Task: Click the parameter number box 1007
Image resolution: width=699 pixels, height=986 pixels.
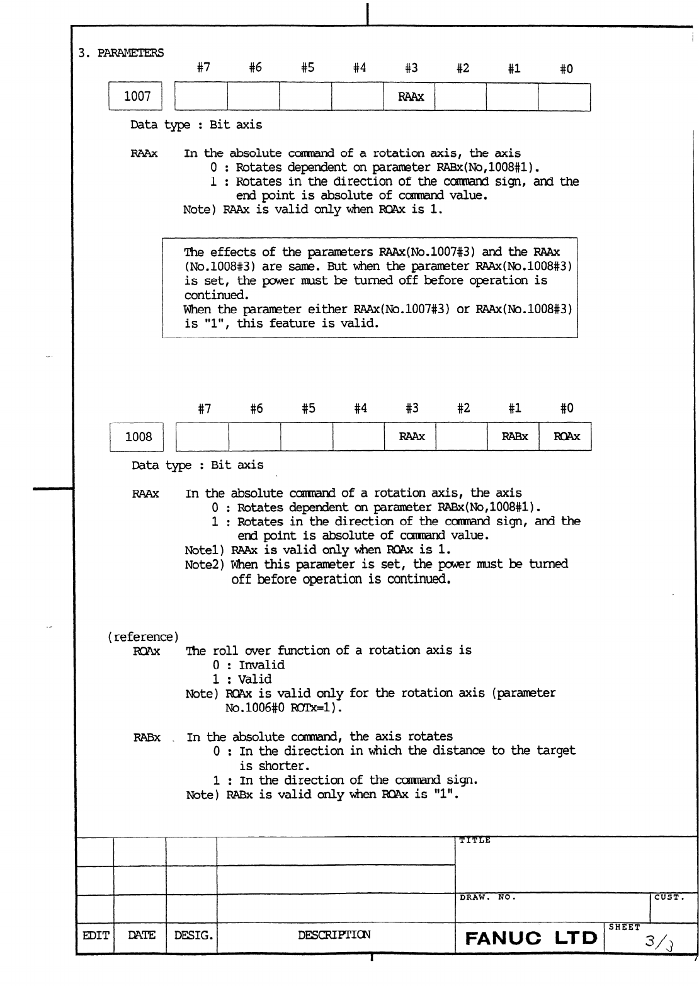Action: point(137,97)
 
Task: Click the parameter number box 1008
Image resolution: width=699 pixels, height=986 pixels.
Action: point(139,437)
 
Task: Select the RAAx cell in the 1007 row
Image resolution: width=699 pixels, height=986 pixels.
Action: point(411,98)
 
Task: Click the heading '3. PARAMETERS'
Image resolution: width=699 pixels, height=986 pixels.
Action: point(120,53)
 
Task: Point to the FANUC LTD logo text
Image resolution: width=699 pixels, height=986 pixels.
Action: point(531,938)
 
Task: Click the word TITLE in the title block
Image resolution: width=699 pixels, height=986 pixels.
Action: point(475,841)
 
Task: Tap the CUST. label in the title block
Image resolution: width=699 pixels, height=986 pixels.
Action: point(669,897)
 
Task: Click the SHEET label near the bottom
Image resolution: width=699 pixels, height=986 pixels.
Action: point(624,927)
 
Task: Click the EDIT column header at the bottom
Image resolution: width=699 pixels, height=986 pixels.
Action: point(94,935)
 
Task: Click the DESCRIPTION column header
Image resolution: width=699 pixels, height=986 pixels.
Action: point(334,935)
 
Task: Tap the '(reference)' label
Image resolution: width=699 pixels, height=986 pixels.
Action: point(140,637)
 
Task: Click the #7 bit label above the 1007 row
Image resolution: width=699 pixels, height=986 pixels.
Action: point(203,69)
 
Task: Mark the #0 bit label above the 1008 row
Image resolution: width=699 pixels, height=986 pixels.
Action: point(567,409)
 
